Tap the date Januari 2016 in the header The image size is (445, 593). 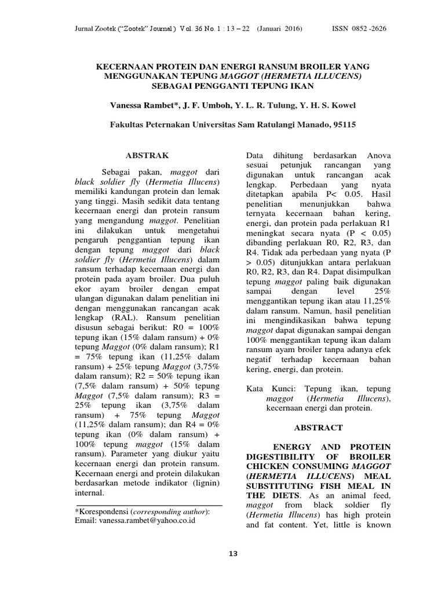[280, 28]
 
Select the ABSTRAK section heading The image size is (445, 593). [148, 155]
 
